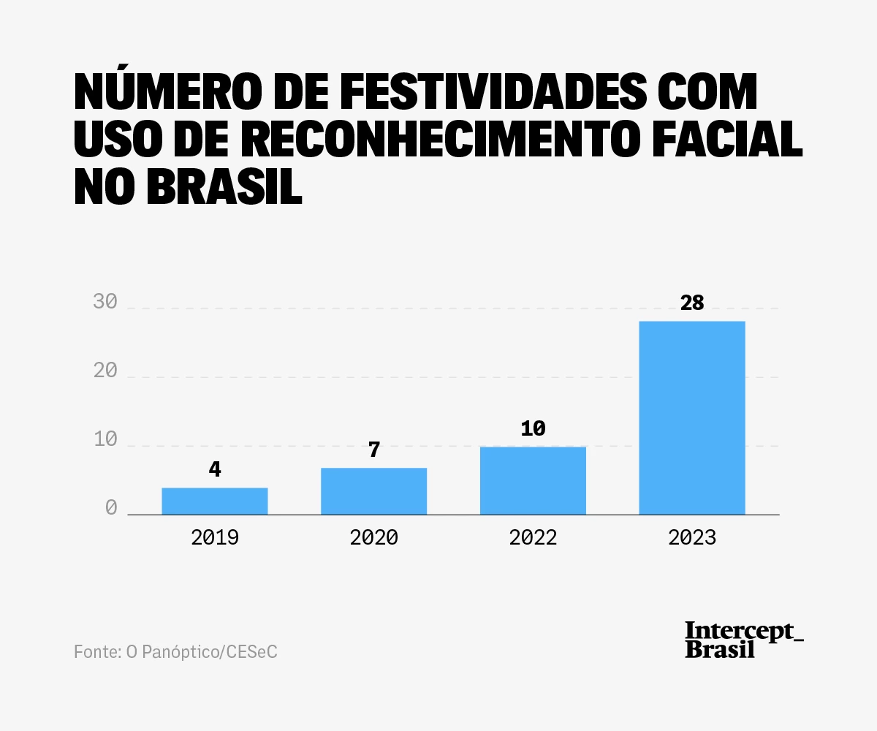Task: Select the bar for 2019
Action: pyautogui.click(x=214, y=501)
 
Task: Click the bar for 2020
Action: pyautogui.click(x=373, y=491)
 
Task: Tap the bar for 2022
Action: pyautogui.click(x=533, y=481)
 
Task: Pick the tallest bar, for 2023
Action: pyautogui.click(x=692, y=418)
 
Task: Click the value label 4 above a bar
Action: pyautogui.click(x=215, y=469)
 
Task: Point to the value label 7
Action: pyautogui.click(x=374, y=450)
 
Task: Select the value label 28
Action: pyautogui.click(x=692, y=303)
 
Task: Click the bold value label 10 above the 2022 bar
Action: pyautogui.click(x=534, y=428)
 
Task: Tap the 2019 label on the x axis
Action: pyautogui.click(x=215, y=538)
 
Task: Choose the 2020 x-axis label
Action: pyautogui.click(x=374, y=538)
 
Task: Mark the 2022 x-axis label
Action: pyautogui.click(x=534, y=538)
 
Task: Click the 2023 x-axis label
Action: pyautogui.click(x=692, y=538)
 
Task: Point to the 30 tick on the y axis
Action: pyautogui.click(x=105, y=302)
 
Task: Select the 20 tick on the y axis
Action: pyautogui.click(x=105, y=371)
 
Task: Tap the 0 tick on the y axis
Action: pyautogui.click(x=111, y=508)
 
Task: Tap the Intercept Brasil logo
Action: pyautogui.click(x=743, y=640)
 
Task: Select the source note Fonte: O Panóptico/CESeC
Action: pyautogui.click(x=175, y=651)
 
